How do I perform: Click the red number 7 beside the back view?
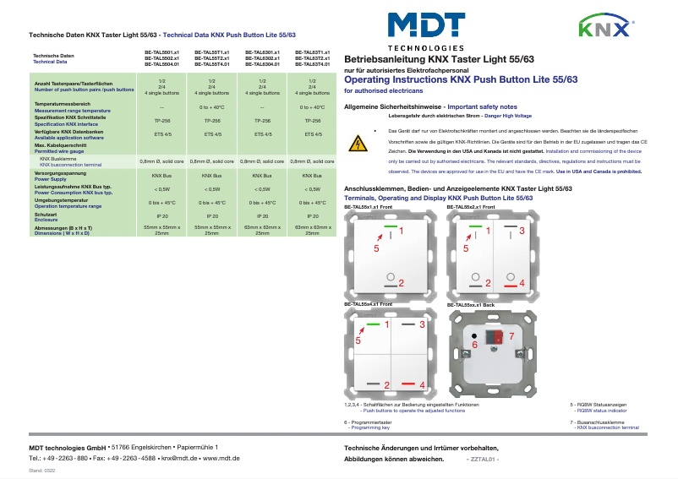[510, 336]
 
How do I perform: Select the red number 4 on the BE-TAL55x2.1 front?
[522, 283]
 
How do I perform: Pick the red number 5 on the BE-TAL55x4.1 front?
[358, 340]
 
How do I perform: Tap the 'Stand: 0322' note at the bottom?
[42, 469]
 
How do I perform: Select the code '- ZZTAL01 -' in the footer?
[483, 459]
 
